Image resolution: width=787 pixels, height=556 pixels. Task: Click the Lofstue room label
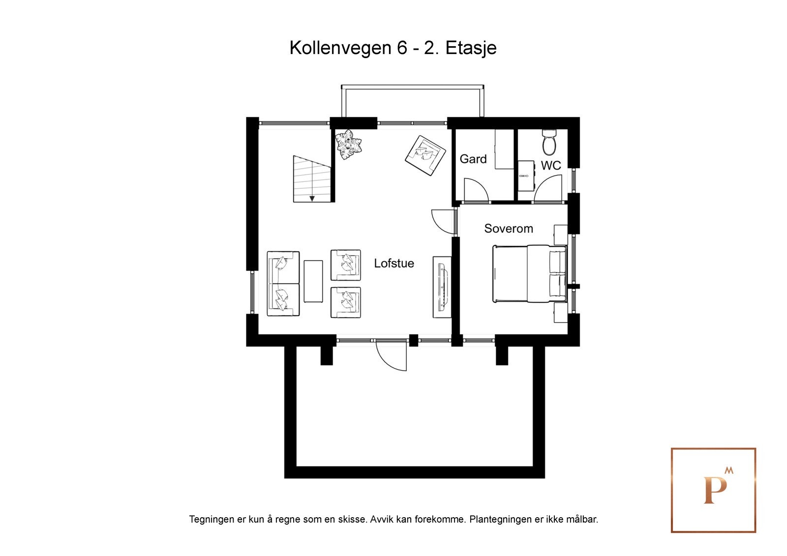pyautogui.click(x=393, y=263)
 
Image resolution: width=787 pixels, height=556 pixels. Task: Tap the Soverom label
pyautogui.click(x=508, y=228)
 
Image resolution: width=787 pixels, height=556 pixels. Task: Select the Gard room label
pyautogui.click(x=473, y=159)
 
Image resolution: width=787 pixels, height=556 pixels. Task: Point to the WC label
pyautogui.click(x=550, y=166)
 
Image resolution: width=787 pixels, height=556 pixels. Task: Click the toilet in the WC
pyautogui.click(x=549, y=142)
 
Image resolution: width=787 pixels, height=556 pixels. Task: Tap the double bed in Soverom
pyautogui.click(x=529, y=273)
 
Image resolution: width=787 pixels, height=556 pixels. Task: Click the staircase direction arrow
pyautogui.click(x=312, y=198)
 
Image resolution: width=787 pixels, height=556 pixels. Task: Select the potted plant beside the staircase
pyautogui.click(x=349, y=144)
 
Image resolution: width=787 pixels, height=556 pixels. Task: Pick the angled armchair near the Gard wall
pyautogui.click(x=425, y=155)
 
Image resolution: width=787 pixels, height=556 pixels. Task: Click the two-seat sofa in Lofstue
pyautogui.click(x=283, y=284)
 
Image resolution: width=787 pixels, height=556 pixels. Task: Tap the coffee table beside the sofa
pyautogui.click(x=313, y=281)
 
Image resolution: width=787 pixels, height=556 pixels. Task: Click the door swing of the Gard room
pyautogui.click(x=475, y=190)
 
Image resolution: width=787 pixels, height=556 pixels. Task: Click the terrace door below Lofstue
pyautogui.click(x=391, y=355)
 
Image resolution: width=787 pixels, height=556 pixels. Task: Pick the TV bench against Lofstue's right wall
pyautogui.click(x=442, y=287)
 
